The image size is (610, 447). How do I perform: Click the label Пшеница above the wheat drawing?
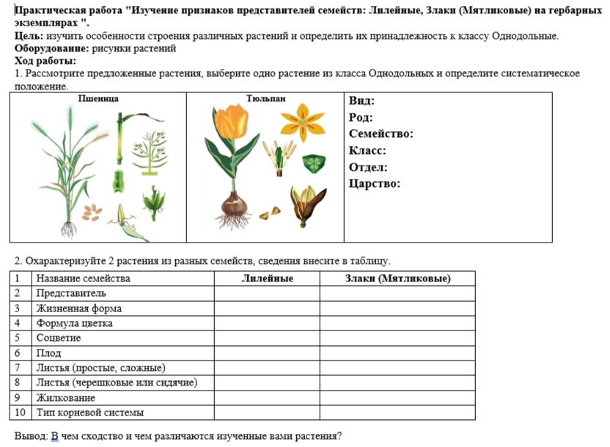pyautogui.click(x=98, y=97)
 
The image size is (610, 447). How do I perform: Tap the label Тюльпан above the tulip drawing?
pyautogui.click(x=265, y=97)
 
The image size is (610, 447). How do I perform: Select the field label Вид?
pyautogui.click(x=361, y=101)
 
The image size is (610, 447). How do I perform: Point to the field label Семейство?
pyautogui.click(x=381, y=134)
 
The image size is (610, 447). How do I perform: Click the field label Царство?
pyautogui.click(x=375, y=183)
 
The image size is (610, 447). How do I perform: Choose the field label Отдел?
pyautogui.click(x=369, y=167)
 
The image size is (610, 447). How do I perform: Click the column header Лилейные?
pyautogui.click(x=267, y=278)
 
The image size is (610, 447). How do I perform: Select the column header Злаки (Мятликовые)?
pyautogui.click(x=397, y=278)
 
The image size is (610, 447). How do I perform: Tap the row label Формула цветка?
pyautogui.click(x=74, y=323)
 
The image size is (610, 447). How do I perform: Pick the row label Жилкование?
pyautogui.click(x=65, y=398)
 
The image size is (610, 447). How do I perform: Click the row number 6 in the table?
pyautogui.click(x=18, y=353)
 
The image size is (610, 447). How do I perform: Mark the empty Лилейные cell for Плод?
pyautogui.click(x=267, y=353)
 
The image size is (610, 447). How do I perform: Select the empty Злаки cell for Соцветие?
pyautogui.click(x=397, y=338)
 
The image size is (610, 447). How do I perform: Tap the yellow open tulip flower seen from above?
pyautogui.click(x=302, y=121)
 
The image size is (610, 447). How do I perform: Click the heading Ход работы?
pyautogui.click(x=45, y=61)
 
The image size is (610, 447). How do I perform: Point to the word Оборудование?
pyautogui.click(x=51, y=48)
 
